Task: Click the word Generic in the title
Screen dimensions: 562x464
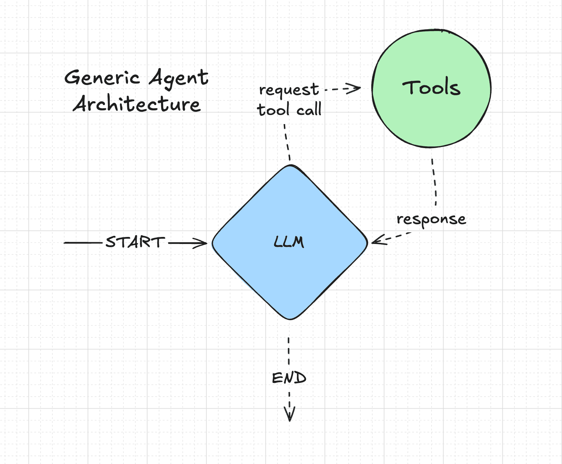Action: pyautogui.click(x=102, y=78)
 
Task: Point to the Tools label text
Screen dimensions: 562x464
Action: pyautogui.click(x=431, y=87)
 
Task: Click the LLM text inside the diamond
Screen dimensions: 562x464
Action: pyautogui.click(x=289, y=242)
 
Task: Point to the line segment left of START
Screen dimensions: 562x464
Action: pyautogui.click(x=83, y=243)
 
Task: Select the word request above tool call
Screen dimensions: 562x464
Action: pyautogui.click(x=289, y=90)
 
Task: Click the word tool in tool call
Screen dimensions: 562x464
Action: pyautogui.click(x=273, y=109)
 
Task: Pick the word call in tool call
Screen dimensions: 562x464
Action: pyautogui.click(x=309, y=109)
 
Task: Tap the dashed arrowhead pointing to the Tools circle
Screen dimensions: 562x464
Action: pyautogui.click(x=353, y=88)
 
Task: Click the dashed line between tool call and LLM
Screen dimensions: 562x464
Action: pyautogui.click(x=287, y=142)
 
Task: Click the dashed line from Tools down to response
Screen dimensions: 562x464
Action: pyautogui.click(x=434, y=182)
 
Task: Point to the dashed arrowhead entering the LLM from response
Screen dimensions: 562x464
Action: pyautogui.click(x=379, y=240)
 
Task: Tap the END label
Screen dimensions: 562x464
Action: pyautogui.click(x=289, y=378)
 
